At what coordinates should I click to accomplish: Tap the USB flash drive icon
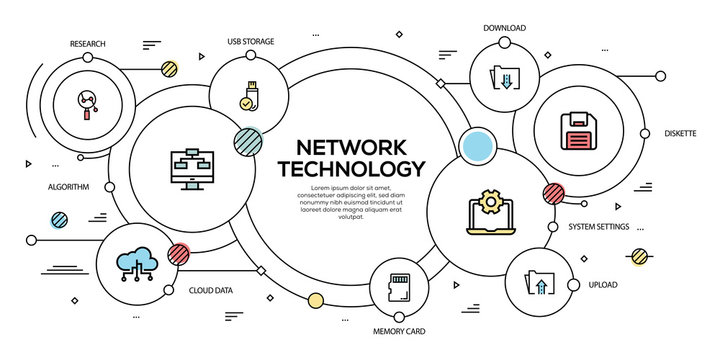(249, 90)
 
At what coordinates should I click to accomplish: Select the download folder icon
(503, 76)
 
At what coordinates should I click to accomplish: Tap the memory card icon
(400, 285)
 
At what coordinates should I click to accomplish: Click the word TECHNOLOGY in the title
(350, 168)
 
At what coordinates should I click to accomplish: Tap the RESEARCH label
(88, 44)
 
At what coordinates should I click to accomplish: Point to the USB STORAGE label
(250, 42)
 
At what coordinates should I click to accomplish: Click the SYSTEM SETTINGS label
(598, 227)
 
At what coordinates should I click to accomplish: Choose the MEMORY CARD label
(400, 330)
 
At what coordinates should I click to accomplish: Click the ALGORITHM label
(69, 187)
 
